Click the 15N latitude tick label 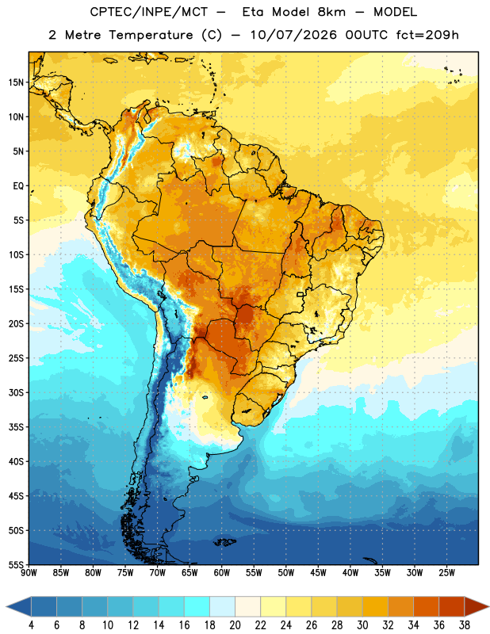(16, 82)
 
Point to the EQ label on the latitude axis (18, 186)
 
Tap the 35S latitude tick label (16, 427)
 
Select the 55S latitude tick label (16, 564)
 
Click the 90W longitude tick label (29, 573)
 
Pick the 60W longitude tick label (222, 573)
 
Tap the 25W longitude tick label (446, 573)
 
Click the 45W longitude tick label (318, 573)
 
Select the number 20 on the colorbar (235, 625)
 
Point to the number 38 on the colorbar (465, 625)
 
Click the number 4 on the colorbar (31, 625)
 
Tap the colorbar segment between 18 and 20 (222, 606)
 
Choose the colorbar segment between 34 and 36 (426, 606)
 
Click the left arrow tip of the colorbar (6, 606)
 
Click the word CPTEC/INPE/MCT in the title (148, 12)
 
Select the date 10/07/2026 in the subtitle (293, 35)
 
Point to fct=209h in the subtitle (427, 35)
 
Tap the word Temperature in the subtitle (151, 35)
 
